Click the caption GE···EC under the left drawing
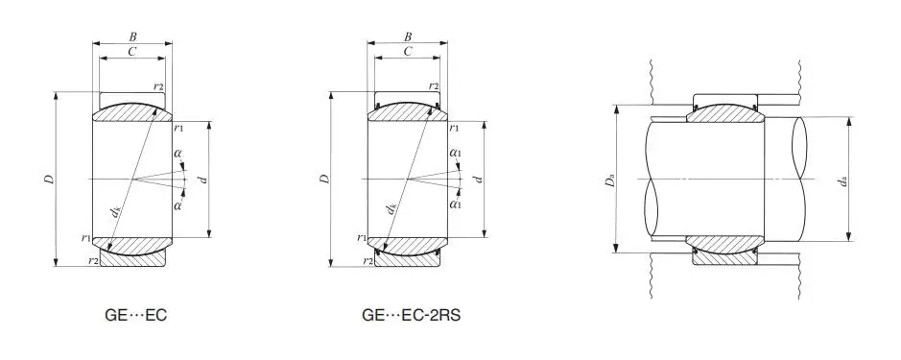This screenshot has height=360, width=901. (x=135, y=315)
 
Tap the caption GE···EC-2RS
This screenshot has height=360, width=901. (x=411, y=315)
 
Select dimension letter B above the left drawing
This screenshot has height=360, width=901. (x=132, y=36)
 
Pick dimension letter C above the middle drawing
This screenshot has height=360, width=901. (x=408, y=51)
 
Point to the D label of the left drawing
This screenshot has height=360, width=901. (x=50, y=179)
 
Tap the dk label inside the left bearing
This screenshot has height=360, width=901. (x=116, y=212)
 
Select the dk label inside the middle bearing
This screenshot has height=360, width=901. (x=391, y=208)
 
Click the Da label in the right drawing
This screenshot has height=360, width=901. (x=611, y=181)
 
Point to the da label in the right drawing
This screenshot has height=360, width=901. (x=843, y=181)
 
